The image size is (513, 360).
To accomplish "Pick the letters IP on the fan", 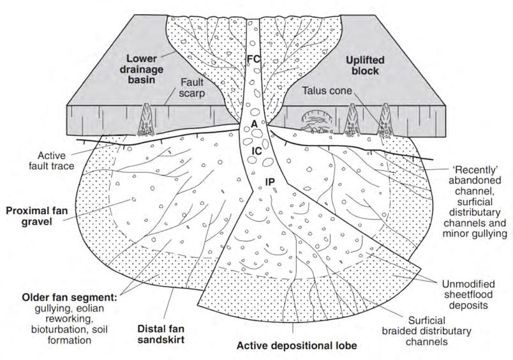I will (271, 182).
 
